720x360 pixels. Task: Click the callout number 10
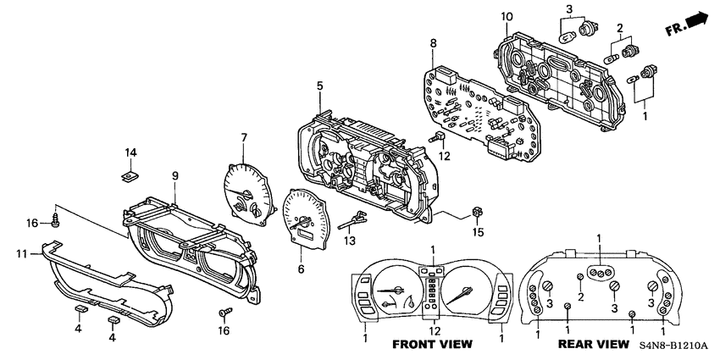[507, 17]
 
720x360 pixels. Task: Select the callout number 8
[433, 43]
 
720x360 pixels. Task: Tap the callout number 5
[320, 86]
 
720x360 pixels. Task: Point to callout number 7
[243, 137]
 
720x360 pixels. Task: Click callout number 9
[175, 175]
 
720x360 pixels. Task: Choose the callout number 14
[131, 152]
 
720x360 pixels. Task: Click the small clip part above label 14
[130, 176]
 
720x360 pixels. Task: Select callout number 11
[23, 252]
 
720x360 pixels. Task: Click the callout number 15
[478, 232]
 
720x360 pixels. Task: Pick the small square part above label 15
[478, 212]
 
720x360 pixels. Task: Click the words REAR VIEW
[593, 345]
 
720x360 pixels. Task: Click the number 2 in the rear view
[581, 296]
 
